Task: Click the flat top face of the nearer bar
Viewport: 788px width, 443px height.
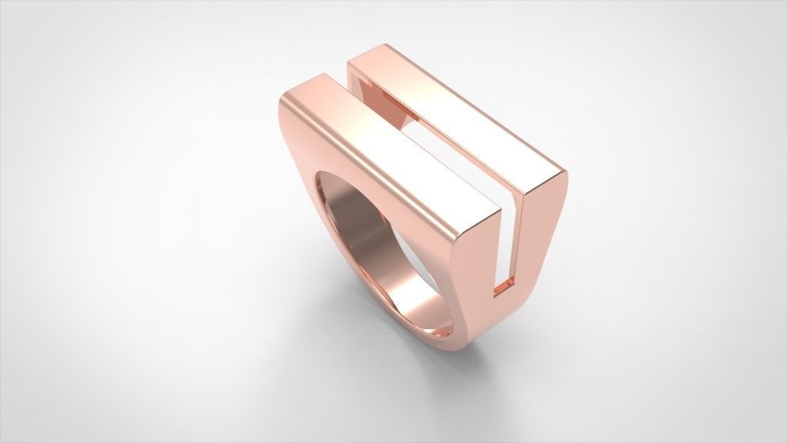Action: coord(400,154)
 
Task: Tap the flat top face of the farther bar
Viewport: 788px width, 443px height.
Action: coord(462,115)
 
